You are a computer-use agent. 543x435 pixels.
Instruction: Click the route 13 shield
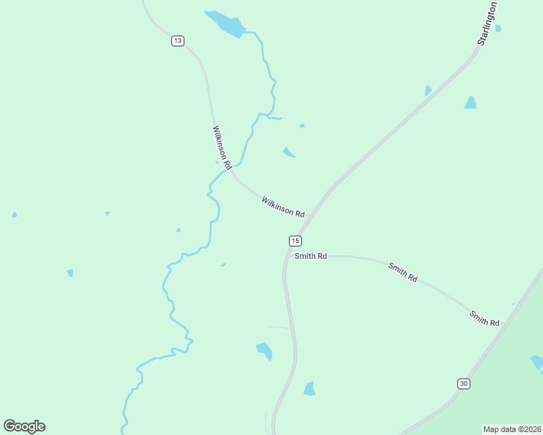click(x=178, y=41)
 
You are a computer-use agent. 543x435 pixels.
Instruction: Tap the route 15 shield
click(x=295, y=241)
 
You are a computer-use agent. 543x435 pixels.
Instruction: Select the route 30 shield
click(x=463, y=383)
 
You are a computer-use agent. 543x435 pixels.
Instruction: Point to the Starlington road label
click(x=488, y=23)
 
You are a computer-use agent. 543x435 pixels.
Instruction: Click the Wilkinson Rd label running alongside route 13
click(x=221, y=148)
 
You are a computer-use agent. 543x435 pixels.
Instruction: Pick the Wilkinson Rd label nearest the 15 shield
click(x=282, y=207)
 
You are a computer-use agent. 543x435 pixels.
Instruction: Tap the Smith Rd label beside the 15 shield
click(x=311, y=256)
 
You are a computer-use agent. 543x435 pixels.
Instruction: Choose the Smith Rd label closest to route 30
click(x=484, y=318)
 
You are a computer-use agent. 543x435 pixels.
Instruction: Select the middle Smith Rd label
click(x=402, y=272)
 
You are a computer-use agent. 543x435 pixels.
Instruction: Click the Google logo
click(x=24, y=426)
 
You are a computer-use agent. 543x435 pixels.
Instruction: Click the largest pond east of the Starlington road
click(x=470, y=103)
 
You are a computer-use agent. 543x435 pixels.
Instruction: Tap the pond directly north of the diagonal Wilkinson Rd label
click(x=289, y=152)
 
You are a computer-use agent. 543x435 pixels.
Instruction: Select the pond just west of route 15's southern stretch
click(x=264, y=351)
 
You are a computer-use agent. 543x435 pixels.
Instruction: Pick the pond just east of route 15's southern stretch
click(x=310, y=389)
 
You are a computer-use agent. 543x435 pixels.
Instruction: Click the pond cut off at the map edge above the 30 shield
click(x=537, y=362)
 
